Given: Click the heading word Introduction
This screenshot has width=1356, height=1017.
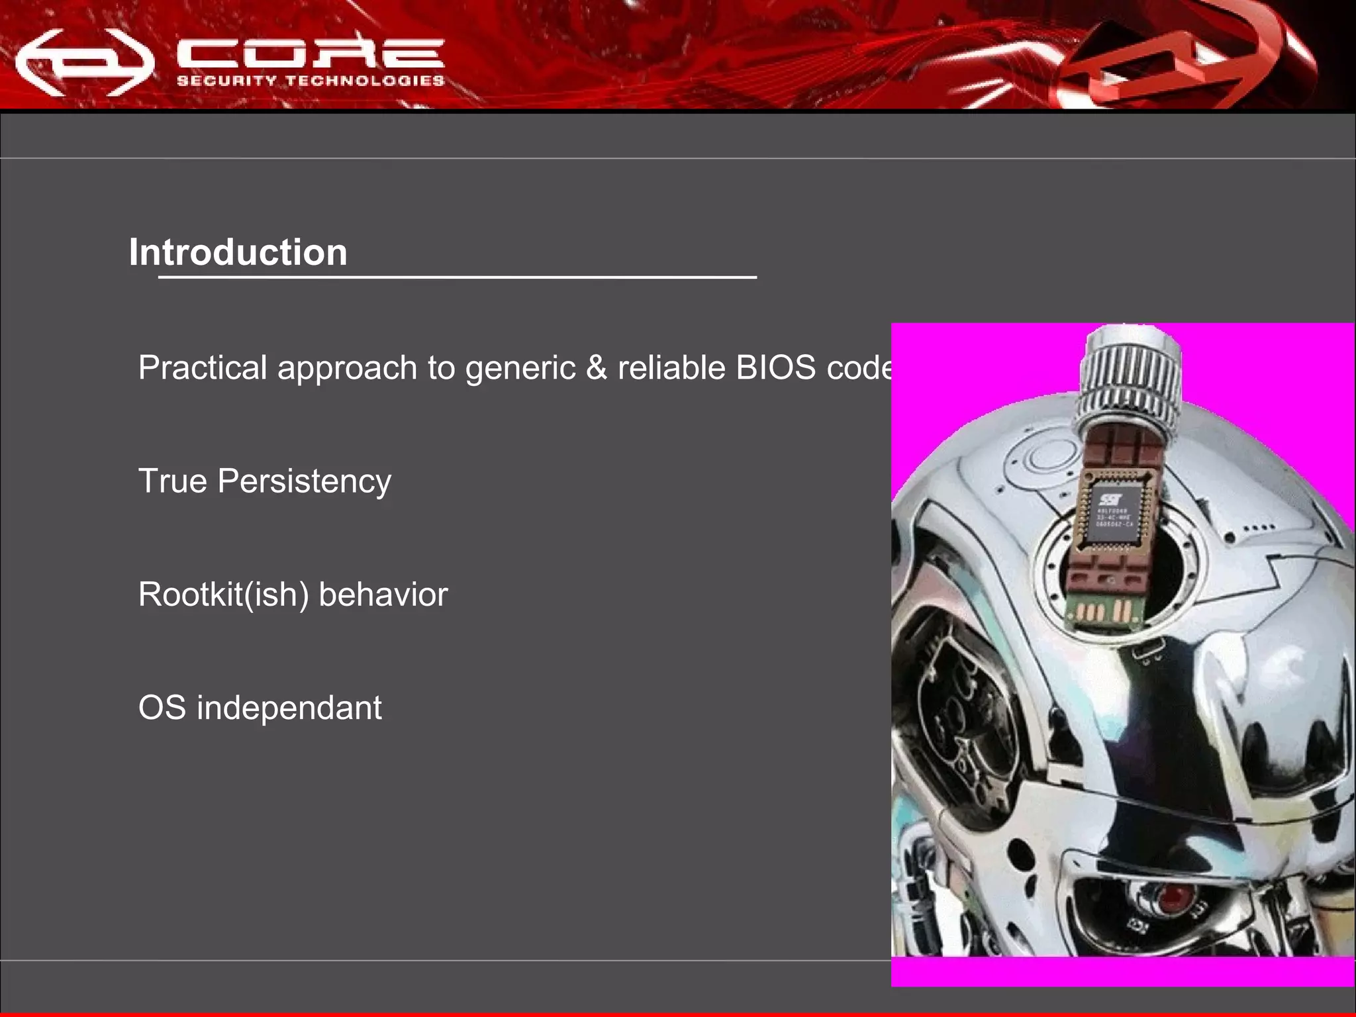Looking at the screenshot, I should pos(238,252).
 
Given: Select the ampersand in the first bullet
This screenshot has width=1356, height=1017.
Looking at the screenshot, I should pos(596,367).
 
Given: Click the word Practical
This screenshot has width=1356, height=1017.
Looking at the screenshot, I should pos(202,367).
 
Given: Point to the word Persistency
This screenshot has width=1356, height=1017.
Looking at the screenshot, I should pos(304,481).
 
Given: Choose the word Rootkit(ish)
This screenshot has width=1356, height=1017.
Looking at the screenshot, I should pos(223,595).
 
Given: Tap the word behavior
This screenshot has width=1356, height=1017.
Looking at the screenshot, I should pos(383,595).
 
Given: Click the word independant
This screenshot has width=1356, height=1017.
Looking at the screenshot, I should pos(289,708).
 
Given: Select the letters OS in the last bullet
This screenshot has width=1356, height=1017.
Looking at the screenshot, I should pos(162,708).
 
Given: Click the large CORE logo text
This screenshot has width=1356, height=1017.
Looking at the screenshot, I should pos(310,53).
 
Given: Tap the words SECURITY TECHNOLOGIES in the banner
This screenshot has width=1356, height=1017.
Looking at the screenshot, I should pos(310,81).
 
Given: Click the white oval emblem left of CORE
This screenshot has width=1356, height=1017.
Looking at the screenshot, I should pos(84,64).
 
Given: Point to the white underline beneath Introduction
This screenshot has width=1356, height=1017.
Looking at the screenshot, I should pos(457,277).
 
